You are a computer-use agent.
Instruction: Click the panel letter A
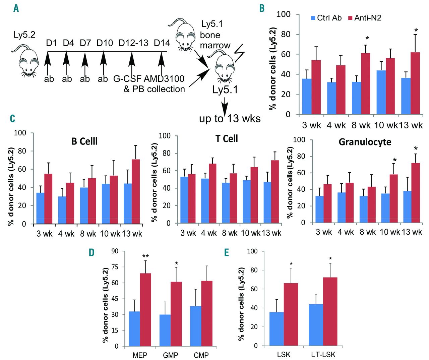pos(16,8)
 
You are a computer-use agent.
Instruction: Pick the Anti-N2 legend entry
pos(365,18)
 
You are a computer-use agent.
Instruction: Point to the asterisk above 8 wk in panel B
pos(367,39)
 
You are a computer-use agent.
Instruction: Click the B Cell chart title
pos(84,141)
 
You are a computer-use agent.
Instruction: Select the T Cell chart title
pos(227,139)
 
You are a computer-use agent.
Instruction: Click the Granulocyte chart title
pos(365,142)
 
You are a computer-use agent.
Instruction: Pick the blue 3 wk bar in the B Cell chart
pos(41,208)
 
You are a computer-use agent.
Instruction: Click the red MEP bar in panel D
pos(145,310)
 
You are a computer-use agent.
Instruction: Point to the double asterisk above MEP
pos(145,257)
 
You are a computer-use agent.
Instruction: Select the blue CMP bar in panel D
pos(196,326)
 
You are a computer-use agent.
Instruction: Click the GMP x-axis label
pos(171,355)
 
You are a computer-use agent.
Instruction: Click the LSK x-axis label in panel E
pos(284,354)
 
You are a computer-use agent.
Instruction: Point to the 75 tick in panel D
pos(115,267)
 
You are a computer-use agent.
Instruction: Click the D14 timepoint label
pos(162,43)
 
